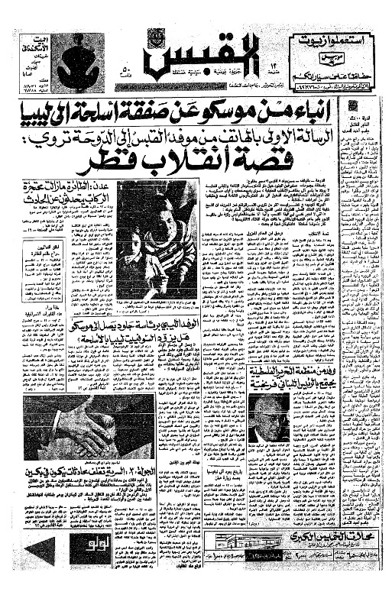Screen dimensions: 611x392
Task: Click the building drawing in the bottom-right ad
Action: (x=283, y=568)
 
